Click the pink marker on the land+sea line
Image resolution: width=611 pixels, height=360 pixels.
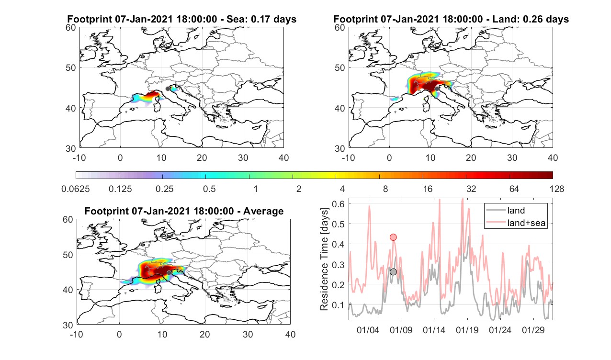point(393,237)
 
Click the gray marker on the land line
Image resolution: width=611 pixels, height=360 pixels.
point(393,271)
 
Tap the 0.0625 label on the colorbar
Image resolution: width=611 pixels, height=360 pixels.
point(76,189)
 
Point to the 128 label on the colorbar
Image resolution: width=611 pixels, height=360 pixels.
point(557,189)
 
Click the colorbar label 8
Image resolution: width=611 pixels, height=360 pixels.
point(385,189)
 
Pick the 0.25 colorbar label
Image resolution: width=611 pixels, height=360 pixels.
point(164,189)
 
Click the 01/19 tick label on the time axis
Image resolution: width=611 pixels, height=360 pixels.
point(467,330)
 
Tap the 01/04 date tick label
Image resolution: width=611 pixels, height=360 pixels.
point(368,330)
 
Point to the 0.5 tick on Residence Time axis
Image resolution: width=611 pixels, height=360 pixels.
point(339,224)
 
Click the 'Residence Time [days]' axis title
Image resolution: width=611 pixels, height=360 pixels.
point(324,259)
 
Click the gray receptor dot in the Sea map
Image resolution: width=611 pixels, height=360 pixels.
point(168,89)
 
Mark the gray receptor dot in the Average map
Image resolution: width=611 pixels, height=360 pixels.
point(169,273)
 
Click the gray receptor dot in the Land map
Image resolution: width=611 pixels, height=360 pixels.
point(437,89)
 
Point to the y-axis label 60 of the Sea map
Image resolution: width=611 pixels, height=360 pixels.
point(71,28)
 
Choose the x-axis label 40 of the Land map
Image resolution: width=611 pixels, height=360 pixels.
point(553,157)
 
